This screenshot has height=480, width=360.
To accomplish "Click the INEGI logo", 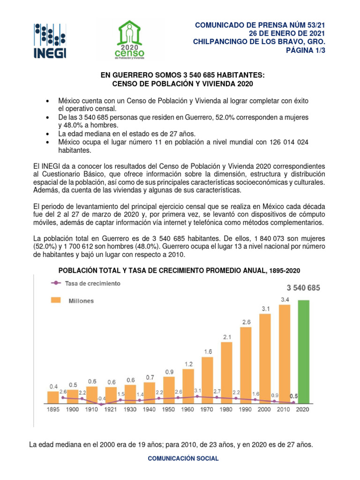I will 50,41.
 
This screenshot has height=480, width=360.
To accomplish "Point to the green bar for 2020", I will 304,352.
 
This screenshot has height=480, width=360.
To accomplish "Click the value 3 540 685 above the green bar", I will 303,288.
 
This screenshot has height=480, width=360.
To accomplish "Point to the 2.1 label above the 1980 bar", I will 227,337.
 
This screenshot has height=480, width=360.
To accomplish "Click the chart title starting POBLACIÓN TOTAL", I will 179,271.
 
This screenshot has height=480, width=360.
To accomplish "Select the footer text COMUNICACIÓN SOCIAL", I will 183,458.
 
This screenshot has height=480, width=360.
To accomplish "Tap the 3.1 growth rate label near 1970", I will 197,390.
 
